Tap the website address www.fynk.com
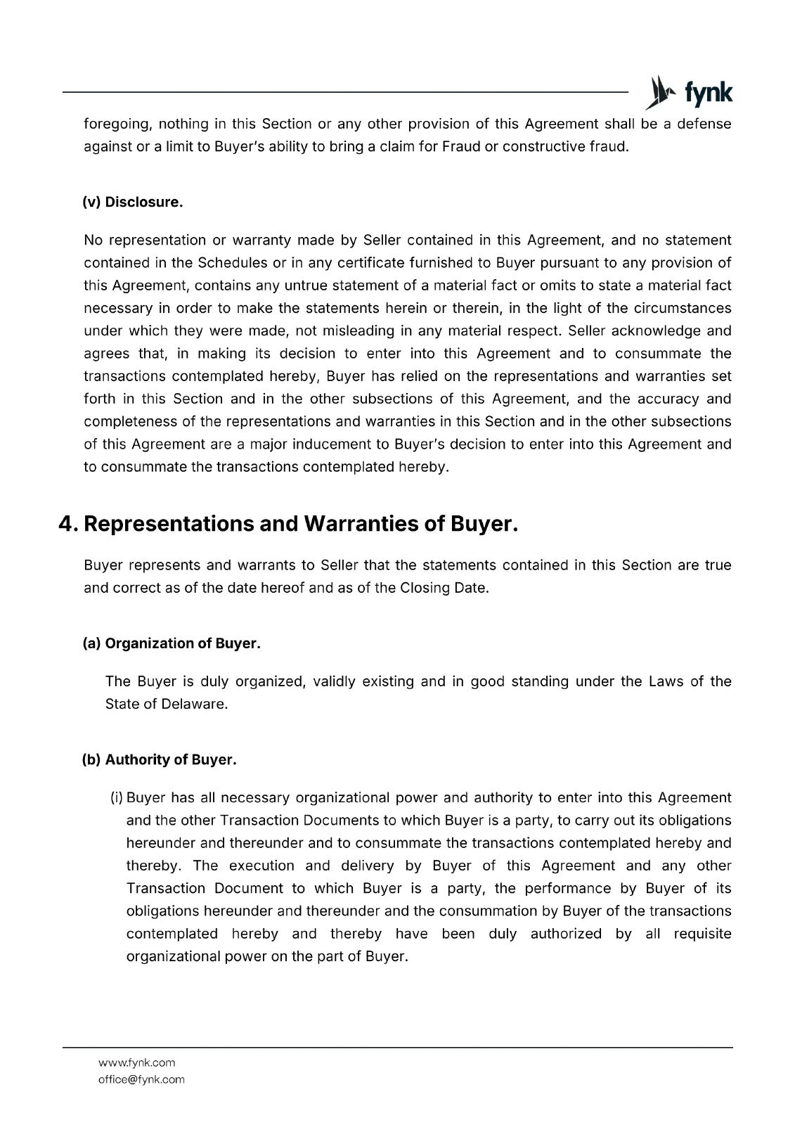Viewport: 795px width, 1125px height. tap(136, 1062)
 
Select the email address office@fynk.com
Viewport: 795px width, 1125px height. tap(141, 1079)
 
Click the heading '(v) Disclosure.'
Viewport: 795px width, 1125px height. tap(133, 202)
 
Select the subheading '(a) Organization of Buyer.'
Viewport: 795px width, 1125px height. tap(172, 643)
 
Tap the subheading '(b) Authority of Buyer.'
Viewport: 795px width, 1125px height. tap(160, 760)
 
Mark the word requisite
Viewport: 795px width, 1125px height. tap(702, 934)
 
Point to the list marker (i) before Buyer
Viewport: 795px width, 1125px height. tap(117, 798)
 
